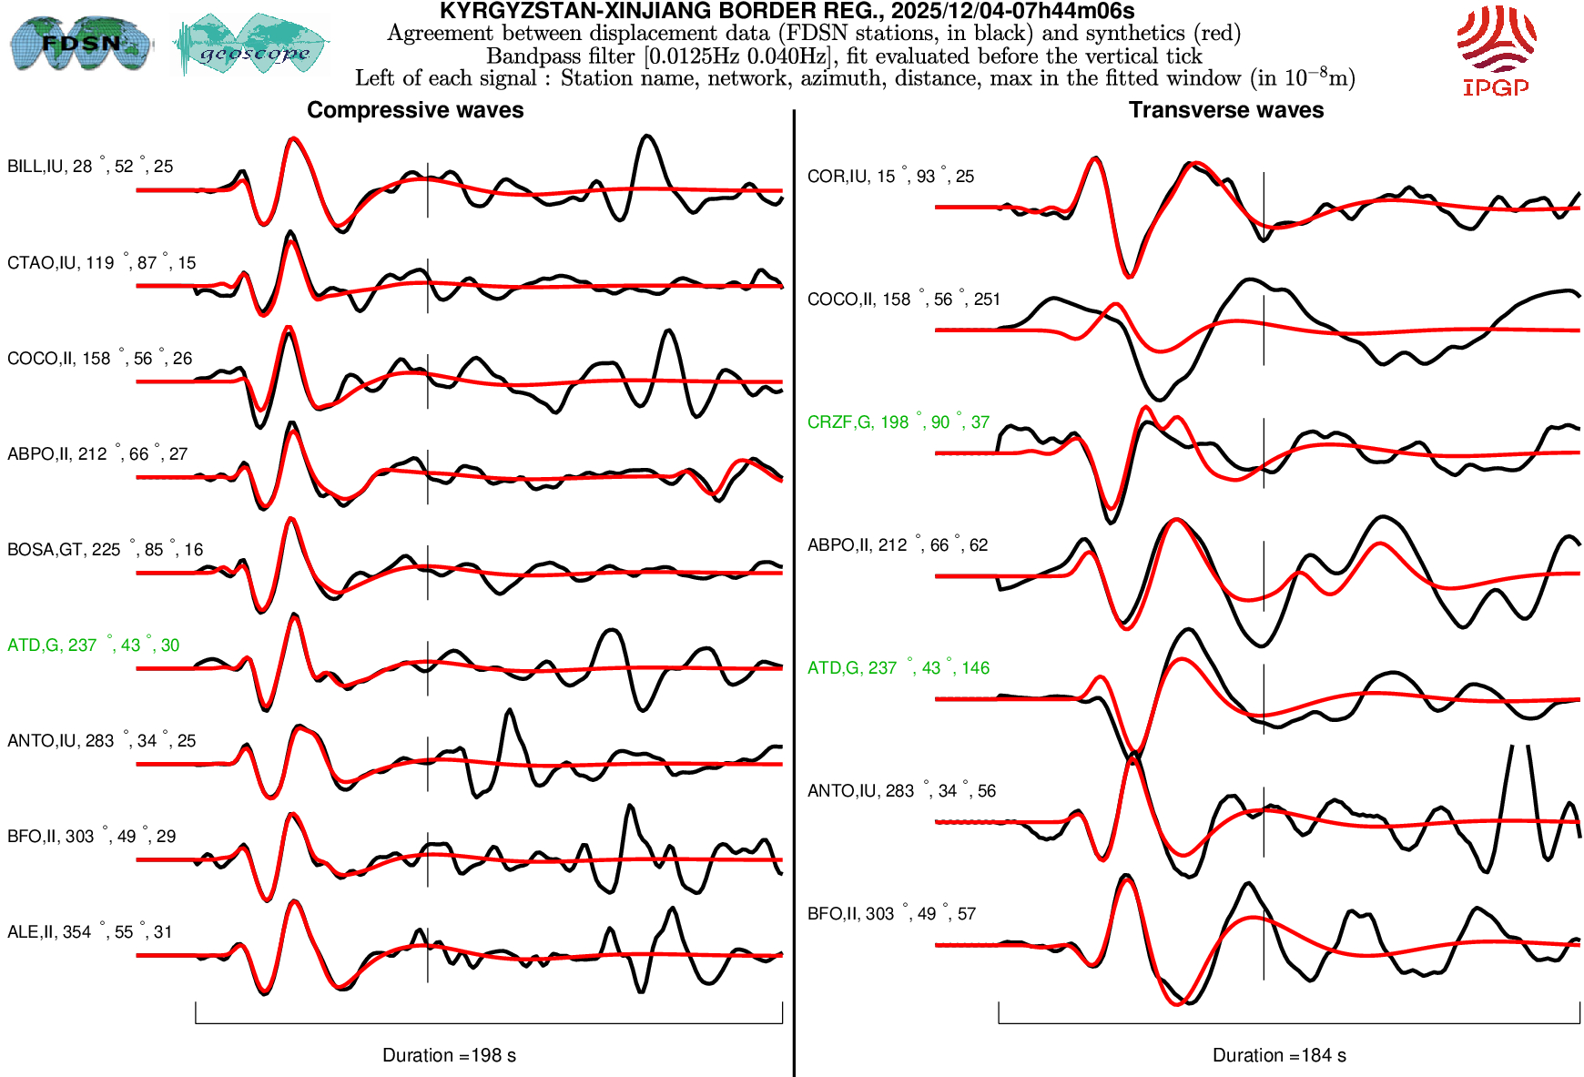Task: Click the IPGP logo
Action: tap(1496, 50)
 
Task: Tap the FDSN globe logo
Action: tap(80, 44)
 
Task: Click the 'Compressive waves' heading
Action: tap(415, 110)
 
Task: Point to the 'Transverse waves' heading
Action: tap(1226, 110)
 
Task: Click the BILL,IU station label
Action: tap(90, 167)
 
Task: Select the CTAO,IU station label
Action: tap(101, 263)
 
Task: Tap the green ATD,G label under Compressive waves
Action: tap(93, 645)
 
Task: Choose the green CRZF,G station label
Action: tap(898, 422)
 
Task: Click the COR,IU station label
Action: tap(890, 177)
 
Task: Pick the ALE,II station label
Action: tap(89, 932)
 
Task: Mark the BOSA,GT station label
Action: tap(105, 550)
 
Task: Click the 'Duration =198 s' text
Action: tap(449, 1055)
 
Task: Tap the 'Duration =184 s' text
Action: tap(1279, 1055)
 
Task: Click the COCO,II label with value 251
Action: tap(903, 300)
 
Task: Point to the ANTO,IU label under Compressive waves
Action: tap(101, 741)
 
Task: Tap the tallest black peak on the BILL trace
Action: tap(646, 137)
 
